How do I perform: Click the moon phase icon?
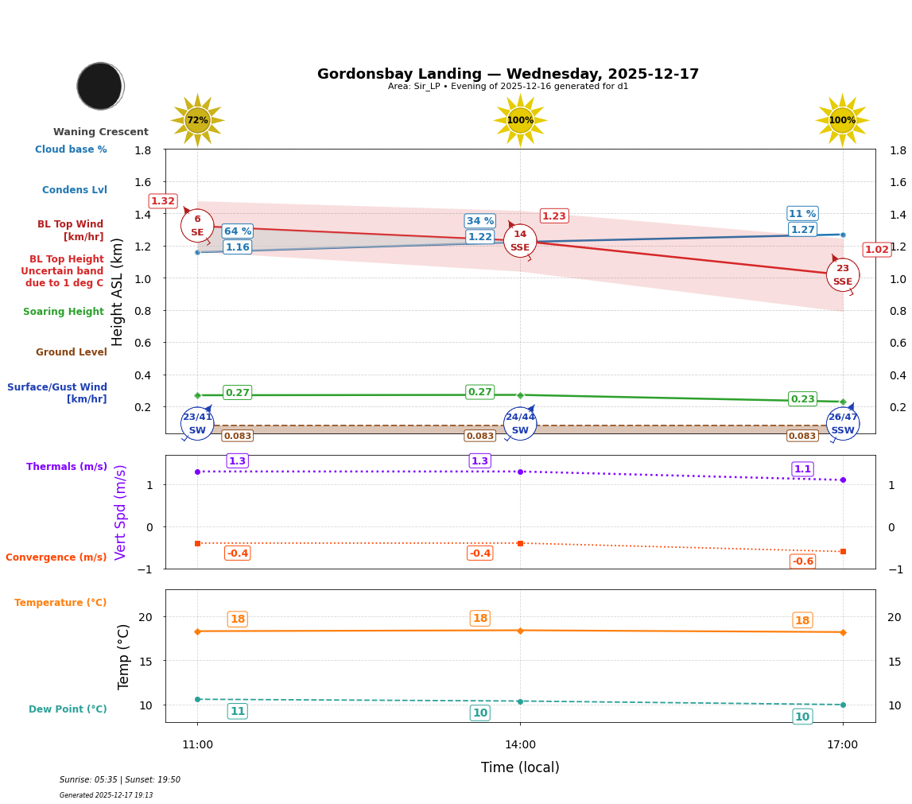[x=100, y=86]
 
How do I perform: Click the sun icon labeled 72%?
[x=197, y=120]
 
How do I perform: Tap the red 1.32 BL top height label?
[x=163, y=201]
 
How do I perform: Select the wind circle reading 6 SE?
[x=197, y=226]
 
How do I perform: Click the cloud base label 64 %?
[x=237, y=231]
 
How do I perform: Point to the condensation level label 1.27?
[x=802, y=230]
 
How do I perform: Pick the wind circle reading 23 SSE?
[x=842, y=275]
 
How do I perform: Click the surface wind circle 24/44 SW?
[x=520, y=424]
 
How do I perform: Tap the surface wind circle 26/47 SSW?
[x=842, y=424]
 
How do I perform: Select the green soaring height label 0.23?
[x=802, y=399]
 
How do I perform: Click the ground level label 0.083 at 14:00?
[x=479, y=436]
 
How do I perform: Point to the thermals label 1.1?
[x=802, y=469]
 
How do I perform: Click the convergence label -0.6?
[x=802, y=561]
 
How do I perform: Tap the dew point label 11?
[x=237, y=711]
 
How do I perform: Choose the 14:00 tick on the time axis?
[x=520, y=744]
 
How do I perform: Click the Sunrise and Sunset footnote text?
[x=120, y=780]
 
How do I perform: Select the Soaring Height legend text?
[x=64, y=312]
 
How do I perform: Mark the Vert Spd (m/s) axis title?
[x=121, y=511]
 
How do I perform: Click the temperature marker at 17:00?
[x=842, y=632]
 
